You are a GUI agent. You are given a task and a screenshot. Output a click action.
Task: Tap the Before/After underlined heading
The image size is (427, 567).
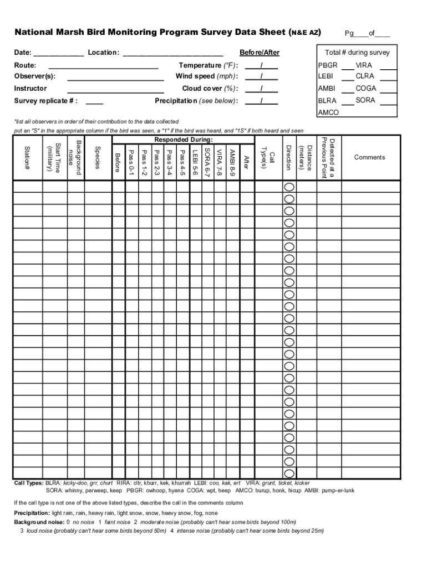(x=260, y=53)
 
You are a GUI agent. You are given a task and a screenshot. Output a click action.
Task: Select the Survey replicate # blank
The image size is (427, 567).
(x=94, y=102)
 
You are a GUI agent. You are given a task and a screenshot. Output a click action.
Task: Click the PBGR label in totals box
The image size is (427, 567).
(x=328, y=65)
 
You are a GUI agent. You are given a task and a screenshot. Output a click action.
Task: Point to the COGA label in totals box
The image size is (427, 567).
(x=366, y=89)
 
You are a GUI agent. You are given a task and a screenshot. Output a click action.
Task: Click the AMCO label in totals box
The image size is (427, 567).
(x=328, y=112)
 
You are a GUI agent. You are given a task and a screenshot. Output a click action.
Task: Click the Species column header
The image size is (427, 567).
(x=98, y=158)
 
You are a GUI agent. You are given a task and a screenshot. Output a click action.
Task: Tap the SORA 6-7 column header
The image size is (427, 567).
(x=207, y=162)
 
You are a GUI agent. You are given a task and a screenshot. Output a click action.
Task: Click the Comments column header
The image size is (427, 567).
(x=369, y=157)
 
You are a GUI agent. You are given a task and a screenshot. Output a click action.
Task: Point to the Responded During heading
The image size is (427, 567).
(x=184, y=140)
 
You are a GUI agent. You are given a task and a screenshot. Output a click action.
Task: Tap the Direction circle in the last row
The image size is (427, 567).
(x=289, y=473)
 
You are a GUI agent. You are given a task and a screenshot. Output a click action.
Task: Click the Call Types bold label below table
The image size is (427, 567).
(x=28, y=483)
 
